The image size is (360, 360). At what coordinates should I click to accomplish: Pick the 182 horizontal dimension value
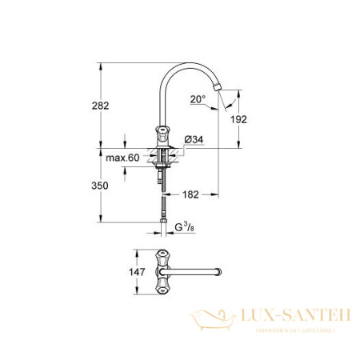tap(190, 194)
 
